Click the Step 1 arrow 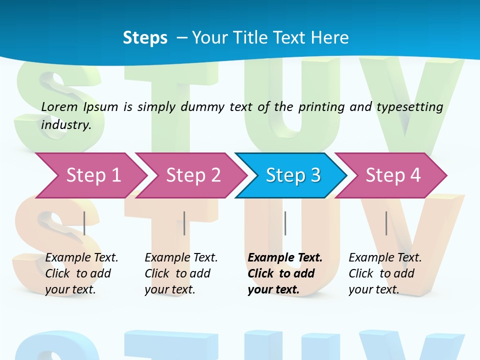[x=93, y=175]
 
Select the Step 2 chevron [x=193, y=175]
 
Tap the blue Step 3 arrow [x=293, y=175]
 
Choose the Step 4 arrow [x=393, y=175]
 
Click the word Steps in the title [x=145, y=38]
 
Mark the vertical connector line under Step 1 [x=84, y=223]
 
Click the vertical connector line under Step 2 [x=184, y=223]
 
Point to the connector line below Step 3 [x=285, y=223]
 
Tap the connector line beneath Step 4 [x=386, y=223]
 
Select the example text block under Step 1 [x=81, y=273]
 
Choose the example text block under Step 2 [x=181, y=273]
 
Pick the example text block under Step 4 [x=385, y=273]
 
